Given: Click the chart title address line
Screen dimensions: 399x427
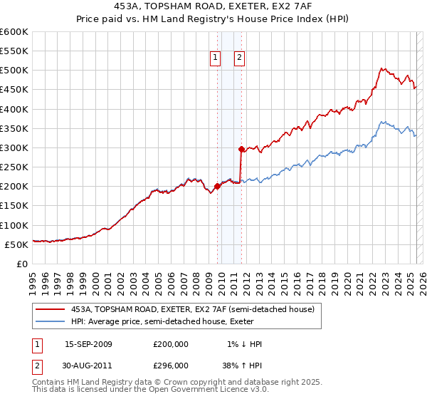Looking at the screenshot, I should point(213,6).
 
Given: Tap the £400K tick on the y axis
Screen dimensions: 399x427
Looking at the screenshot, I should point(14,109).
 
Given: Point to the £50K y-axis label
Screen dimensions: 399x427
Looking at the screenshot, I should point(16,244).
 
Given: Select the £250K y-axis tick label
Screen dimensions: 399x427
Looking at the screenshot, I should point(14,167).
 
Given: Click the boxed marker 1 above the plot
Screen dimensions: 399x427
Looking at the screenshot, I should point(215,58).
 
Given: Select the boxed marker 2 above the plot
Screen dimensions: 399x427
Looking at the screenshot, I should point(239,58).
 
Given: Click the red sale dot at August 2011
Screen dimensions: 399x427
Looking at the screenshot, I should point(241,150).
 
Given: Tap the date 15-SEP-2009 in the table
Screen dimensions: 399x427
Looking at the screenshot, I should point(88,344).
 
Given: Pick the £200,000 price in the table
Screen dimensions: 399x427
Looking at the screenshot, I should point(171,344).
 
